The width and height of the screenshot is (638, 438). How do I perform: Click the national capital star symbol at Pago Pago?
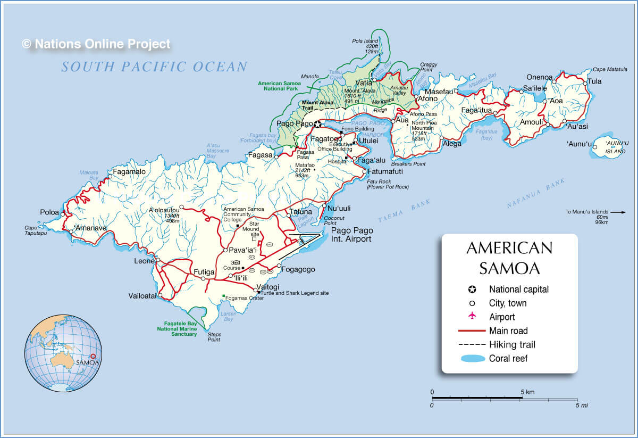pos(317,125)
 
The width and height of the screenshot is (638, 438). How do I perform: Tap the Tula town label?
pos(594,81)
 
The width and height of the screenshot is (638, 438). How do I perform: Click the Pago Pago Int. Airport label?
pos(351,235)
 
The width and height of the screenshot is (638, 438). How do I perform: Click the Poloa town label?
pos(49,212)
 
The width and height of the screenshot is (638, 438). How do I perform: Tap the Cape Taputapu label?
pos(35,230)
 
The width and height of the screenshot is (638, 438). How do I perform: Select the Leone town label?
pos(144,261)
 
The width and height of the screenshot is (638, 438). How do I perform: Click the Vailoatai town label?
pos(142,296)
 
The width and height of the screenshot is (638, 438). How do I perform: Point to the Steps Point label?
pos(214,337)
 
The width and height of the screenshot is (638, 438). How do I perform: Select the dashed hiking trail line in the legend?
pos(471,344)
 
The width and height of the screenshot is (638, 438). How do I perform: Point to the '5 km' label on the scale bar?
pos(528,392)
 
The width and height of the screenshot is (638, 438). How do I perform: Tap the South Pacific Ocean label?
pos(154,67)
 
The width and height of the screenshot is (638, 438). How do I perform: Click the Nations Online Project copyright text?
pos(96,44)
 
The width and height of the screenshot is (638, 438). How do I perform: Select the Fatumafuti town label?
pos(385,172)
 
